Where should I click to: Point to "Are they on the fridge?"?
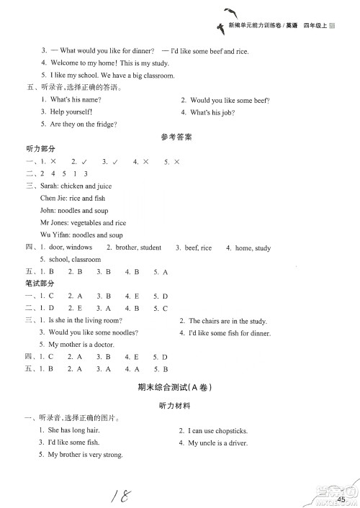[x=83, y=124]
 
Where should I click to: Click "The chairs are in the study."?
[x=227, y=320]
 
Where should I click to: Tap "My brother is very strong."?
[x=84, y=455]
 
